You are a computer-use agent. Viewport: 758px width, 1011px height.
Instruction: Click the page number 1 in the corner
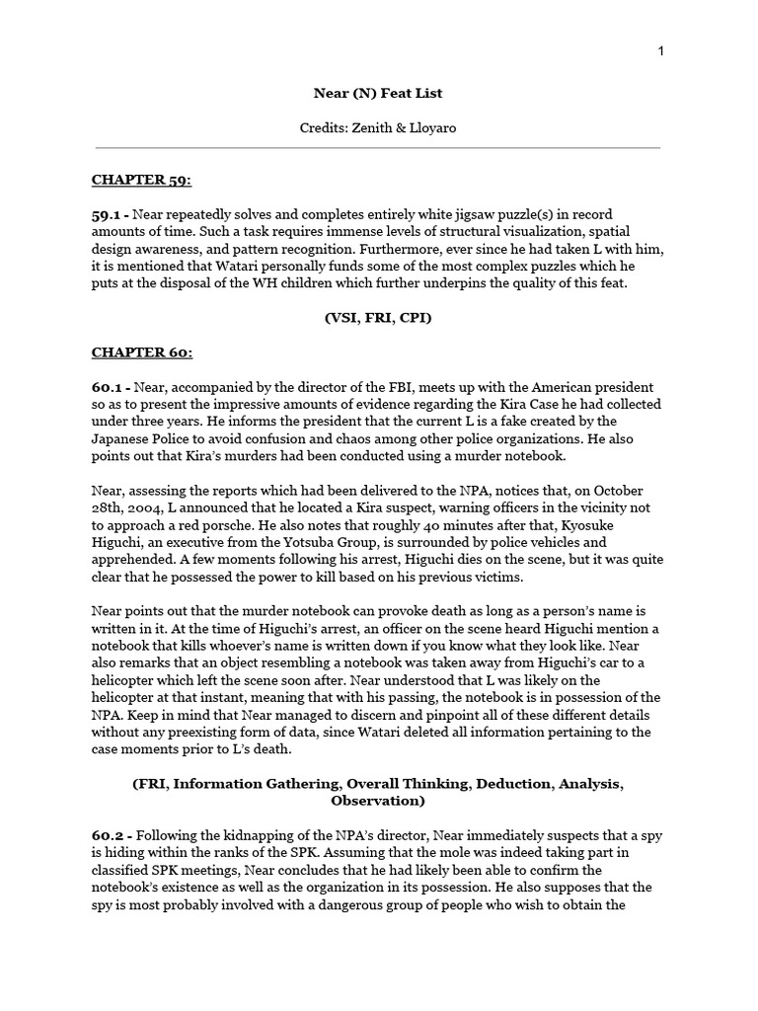pos(661,51)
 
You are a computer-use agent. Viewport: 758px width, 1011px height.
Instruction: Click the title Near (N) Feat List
pos(378,93)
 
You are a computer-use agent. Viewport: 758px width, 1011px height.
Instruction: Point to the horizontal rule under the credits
pos(378,148)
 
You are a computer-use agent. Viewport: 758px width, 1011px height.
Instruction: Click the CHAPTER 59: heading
pos(141,180)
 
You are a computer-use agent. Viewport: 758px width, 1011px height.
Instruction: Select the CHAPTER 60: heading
pos(142,351)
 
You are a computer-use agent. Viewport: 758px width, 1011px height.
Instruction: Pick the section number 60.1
pos(109,387)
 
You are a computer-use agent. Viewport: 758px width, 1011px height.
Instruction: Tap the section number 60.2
pos(109,835)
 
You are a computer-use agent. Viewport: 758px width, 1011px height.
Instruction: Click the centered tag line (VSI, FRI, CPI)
pos(378,318)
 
